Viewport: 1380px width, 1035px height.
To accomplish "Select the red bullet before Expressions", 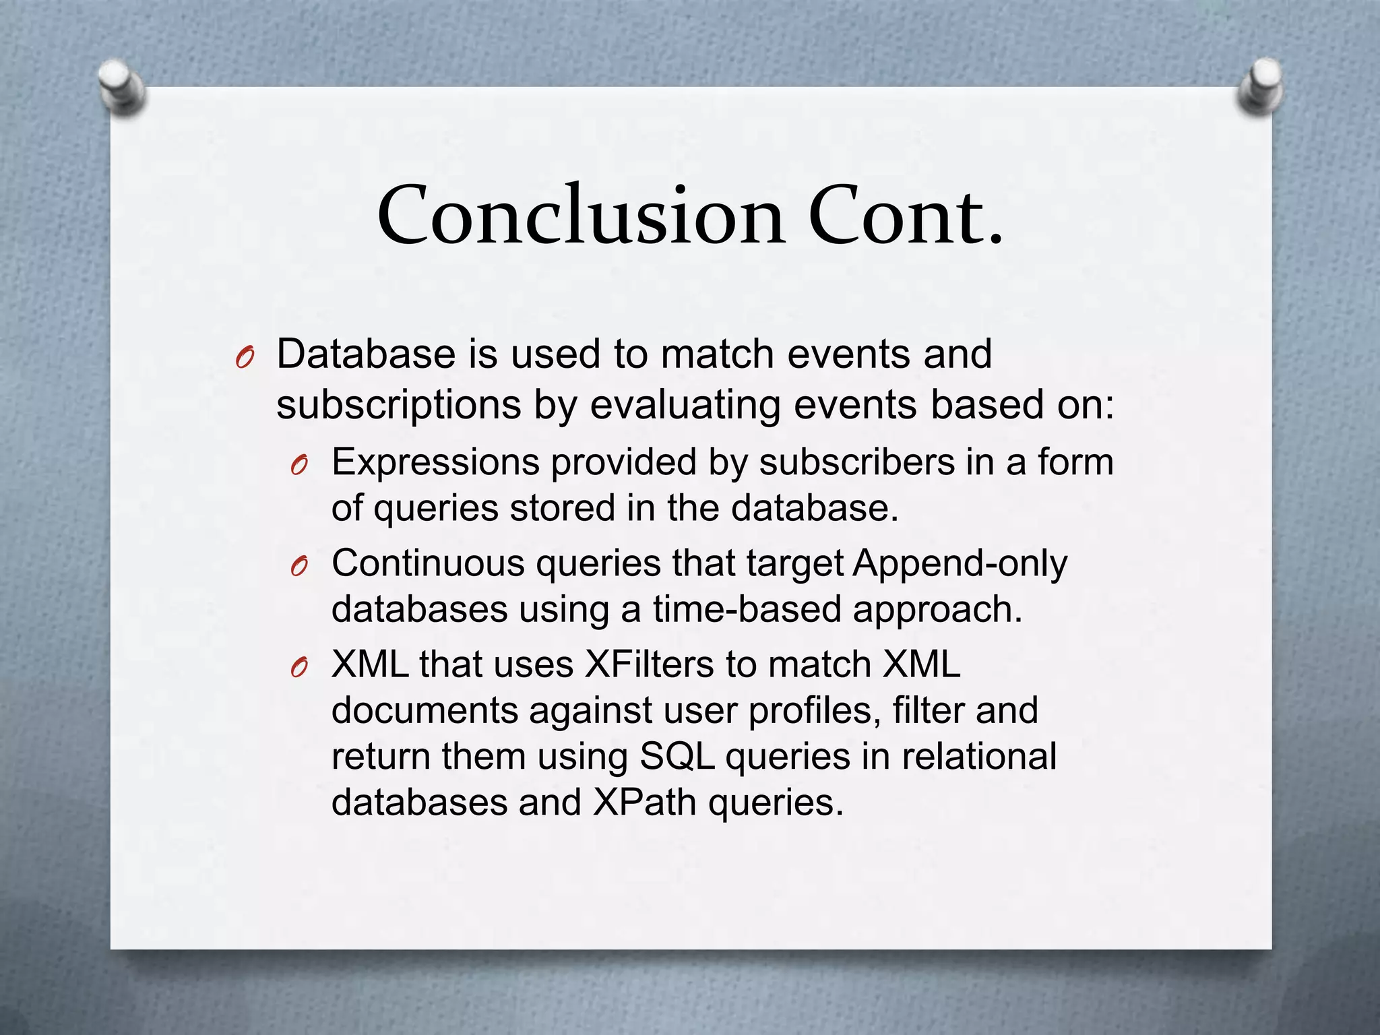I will pyautogui.click(x=300, y=466).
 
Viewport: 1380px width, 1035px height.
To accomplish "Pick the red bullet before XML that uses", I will pyautogui.click(x=300, y=668).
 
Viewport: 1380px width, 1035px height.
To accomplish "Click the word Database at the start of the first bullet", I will pyautogui.click(x=366, y=354).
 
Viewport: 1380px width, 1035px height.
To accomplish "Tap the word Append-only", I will pyautogui.click(x=960, y=565).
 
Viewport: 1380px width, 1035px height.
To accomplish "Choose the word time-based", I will pyautogui.click(x=746, y=610).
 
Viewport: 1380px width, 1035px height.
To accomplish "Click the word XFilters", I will pyautogui.click(x=649, y=665).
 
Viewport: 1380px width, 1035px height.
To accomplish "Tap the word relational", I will pyautogui.click(x=978, y=756).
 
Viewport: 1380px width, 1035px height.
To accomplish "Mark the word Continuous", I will pyautogui.click(x=428, y=563).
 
